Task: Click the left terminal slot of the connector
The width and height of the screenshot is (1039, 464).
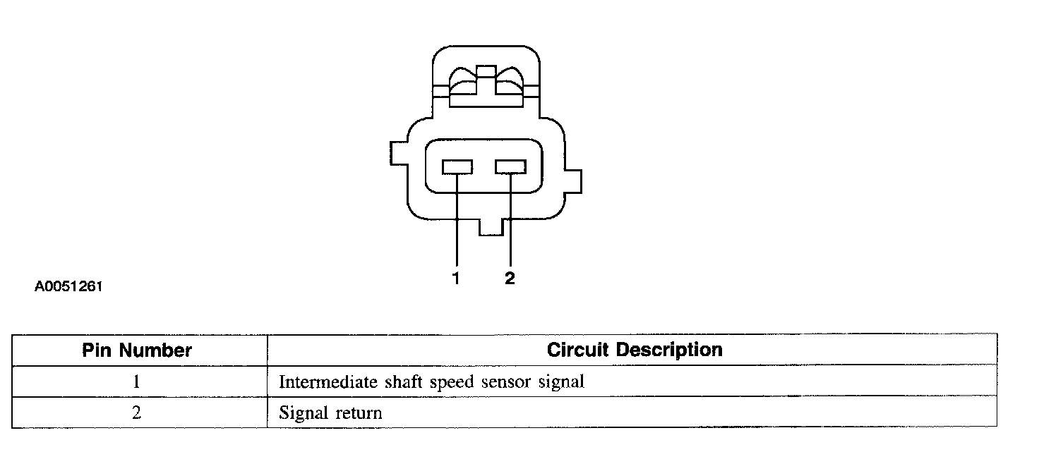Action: (x=457, y=167)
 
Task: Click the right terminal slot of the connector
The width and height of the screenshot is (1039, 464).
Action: (x=510, y=167)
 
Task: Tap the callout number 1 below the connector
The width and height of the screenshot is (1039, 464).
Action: (x=456, y=279)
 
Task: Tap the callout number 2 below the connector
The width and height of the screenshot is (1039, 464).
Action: (x=510, y=279)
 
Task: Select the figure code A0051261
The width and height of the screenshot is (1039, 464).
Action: (x=68, y=287)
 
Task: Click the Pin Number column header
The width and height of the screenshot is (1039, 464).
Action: (x=137, y=350)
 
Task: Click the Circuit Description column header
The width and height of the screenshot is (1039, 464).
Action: (x=635, y=350)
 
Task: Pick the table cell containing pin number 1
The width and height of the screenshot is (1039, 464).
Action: (x=137, y=382)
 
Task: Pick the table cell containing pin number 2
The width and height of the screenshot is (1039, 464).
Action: (x=137, y=413)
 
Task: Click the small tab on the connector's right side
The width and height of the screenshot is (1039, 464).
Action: (x=574, y=181)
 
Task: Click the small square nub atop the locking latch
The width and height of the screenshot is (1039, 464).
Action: (x=486, y=71)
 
